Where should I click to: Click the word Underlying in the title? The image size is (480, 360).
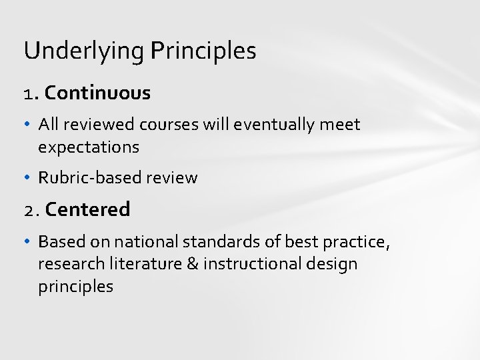[x=83, y=51]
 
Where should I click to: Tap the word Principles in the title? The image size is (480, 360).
[x=203, y=51]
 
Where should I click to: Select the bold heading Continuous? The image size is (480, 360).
[x=98, y=93]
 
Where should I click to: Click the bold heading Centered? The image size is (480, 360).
[x=88, y=209]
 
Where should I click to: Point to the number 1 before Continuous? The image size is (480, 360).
[x=27, y=94]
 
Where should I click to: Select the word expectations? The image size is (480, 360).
[x=89, y=147]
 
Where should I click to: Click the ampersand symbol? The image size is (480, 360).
[x=193, y=264]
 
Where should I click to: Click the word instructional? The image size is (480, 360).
[x=251, y=264]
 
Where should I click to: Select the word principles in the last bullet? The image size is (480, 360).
[x=75, y=287]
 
